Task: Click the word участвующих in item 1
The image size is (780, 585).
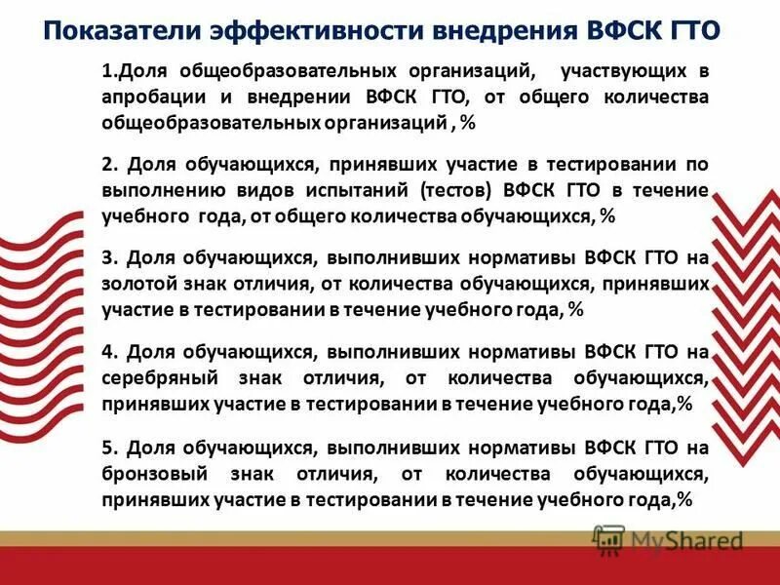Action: (624, 72)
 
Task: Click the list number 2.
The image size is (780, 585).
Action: (107, 165)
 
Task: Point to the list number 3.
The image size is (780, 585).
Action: (107, 258)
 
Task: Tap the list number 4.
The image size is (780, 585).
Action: (107, 352)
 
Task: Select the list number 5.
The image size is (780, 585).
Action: (107, 448)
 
